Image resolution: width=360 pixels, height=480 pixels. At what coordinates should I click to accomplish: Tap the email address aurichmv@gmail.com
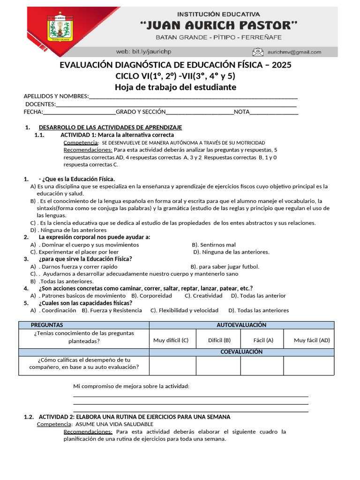point(294,52)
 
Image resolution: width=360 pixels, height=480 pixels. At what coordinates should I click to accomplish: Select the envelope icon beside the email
point(258,52)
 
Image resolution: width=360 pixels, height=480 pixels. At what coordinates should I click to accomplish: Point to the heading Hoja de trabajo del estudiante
point(176,87)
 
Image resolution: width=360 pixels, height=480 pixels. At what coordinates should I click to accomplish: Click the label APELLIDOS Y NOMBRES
point(56,97)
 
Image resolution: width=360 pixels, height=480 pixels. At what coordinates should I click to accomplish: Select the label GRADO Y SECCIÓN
point(141,112)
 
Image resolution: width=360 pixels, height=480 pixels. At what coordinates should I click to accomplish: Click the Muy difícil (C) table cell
point(171,340)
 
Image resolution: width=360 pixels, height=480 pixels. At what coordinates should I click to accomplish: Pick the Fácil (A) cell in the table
point(263,340)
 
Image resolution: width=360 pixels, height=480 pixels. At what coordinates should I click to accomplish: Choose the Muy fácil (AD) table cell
point(312,340)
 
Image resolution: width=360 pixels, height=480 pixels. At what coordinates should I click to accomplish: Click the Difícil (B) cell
point(219,340)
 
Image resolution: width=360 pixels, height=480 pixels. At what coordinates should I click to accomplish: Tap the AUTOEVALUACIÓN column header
point(241,325)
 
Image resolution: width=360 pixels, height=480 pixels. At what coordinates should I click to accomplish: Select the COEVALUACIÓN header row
point(241,352)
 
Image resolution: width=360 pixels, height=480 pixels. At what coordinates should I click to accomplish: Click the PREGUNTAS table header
point(47,325)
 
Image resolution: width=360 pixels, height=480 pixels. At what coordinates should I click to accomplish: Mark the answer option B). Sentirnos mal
point(214,245)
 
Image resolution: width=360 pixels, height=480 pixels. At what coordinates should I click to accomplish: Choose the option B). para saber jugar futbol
point(225,267)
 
